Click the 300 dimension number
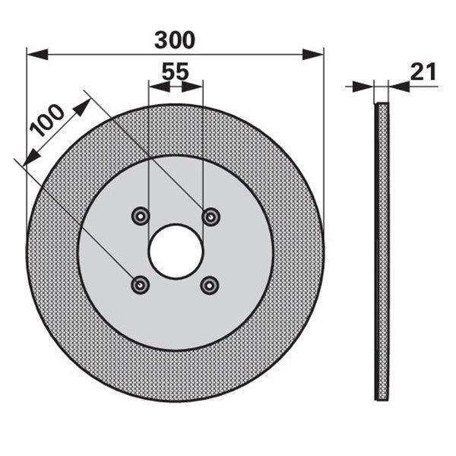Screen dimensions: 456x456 click(175, 40)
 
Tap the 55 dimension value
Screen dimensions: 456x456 click(175, 71)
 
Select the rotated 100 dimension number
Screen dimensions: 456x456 click(46, 120)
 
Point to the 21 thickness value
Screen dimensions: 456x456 click(423, 71)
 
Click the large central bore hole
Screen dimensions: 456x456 click(176, 252)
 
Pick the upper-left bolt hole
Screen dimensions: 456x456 click(141, 217)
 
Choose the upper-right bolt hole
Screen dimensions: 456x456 click(211, 217)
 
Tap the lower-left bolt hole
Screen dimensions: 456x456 click(140, 285)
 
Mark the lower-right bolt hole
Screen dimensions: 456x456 click(210, 286)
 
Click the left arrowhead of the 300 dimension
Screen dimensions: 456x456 click(37, 55)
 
